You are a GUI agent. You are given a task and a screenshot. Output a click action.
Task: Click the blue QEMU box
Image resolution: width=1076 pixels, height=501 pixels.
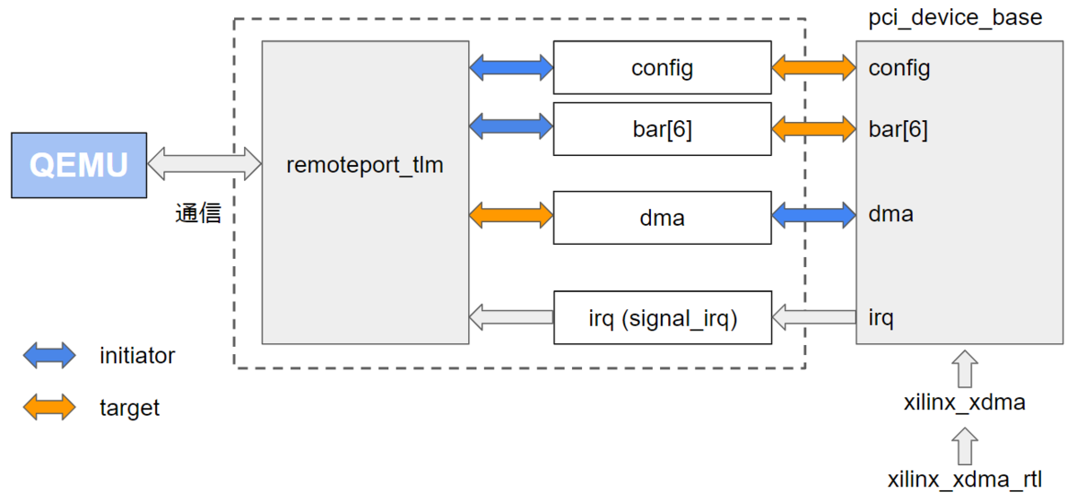(x=78, y=165)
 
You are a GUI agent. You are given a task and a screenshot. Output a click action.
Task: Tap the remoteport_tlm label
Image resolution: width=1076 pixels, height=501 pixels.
(x=365, y=166)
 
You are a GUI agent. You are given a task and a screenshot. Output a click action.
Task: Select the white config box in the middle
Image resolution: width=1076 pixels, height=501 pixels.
(x=662, y=67)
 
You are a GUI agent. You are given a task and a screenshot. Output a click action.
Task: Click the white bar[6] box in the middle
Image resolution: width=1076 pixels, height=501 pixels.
(x=662, y=129)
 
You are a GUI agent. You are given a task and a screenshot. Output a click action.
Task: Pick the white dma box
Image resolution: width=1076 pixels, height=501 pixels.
(x=662, y=217)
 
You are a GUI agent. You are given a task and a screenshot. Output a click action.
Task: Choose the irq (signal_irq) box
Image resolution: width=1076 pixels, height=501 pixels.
(x=662, y=317)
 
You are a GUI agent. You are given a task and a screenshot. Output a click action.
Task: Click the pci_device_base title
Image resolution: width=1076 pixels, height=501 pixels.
(x=955, y=18)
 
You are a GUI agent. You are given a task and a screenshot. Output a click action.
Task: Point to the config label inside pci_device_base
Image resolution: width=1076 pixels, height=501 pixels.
(x=898, y=68)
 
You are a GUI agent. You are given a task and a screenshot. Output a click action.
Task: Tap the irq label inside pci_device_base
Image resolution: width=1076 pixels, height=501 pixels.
(x=881, y=317)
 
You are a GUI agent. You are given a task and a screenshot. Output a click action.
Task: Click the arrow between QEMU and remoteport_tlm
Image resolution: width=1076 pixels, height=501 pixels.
(x=204, y=165)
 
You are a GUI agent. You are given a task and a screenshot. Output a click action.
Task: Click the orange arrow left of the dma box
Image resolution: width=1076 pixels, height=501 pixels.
(x=511, y=214)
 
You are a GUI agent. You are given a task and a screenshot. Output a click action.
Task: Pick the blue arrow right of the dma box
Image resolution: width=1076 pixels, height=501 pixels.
(x=813, y=214)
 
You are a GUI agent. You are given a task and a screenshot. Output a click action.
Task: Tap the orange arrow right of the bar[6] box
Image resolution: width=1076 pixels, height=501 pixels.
(x=813, y=128)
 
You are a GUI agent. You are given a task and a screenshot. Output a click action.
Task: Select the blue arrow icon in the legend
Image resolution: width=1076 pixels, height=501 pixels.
(x=49, y=356)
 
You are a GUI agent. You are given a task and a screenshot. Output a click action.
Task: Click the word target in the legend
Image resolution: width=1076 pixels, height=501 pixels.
(x=129, y=409)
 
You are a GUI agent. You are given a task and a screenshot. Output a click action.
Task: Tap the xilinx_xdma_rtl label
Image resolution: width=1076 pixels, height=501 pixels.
(x=965, y=479)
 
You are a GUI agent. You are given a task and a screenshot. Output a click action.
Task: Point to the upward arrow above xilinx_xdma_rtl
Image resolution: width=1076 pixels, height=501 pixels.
(x=965, y=445)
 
